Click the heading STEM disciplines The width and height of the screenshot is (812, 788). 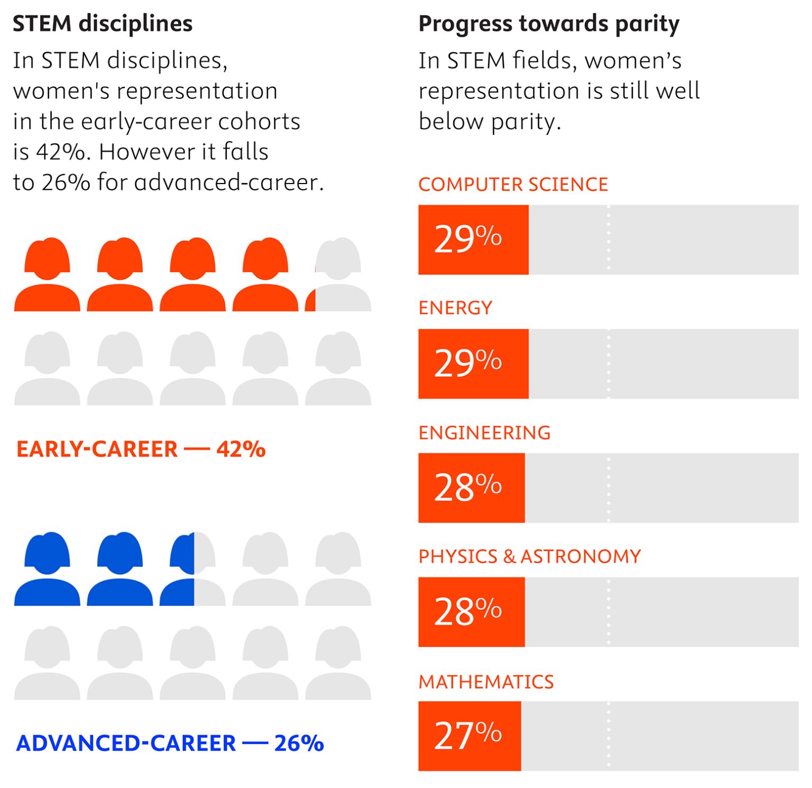[x=103, y=24]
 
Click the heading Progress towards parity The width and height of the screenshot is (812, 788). [x=548, y=24]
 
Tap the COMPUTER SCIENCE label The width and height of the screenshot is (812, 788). [x=513, y=185]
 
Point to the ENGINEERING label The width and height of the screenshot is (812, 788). [x=484, y=433]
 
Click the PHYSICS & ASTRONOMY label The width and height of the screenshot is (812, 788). [x=529, y=556]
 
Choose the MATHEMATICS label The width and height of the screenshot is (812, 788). [x=486, y=682]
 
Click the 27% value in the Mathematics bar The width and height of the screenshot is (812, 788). [x=467, y=736]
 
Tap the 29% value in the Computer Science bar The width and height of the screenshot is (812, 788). [x=467, y=240]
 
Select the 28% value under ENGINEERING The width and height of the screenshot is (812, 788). [x=467, y=488]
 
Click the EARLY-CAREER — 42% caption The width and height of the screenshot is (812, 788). [x=141, y=450]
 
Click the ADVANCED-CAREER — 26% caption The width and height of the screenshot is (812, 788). [x=170, y=743]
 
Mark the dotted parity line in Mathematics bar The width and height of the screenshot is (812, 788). [x=608, y=736]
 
